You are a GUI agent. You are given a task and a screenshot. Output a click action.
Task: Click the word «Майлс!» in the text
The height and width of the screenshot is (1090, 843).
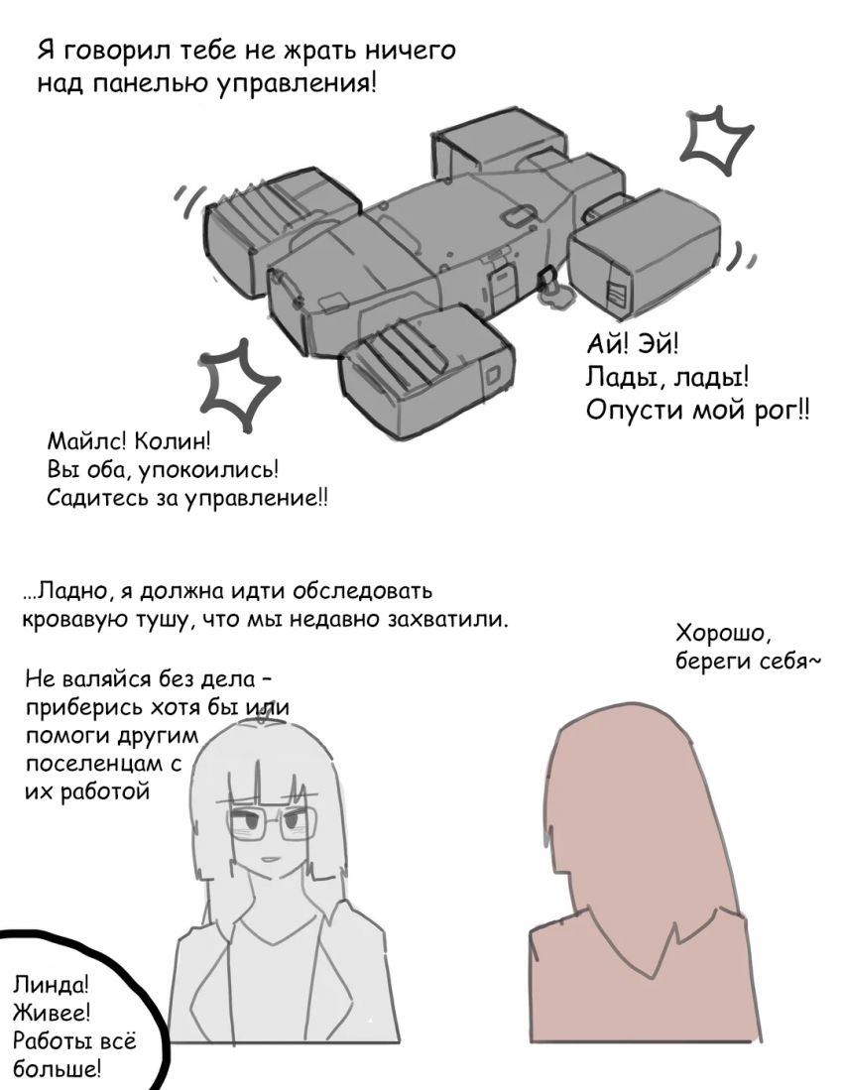86,440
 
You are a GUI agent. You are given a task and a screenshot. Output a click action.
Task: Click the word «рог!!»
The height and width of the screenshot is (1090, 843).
782,411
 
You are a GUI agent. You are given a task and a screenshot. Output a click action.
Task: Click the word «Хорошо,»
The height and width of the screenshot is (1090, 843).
720,634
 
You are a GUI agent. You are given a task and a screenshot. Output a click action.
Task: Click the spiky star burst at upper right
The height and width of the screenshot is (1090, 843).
715,140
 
